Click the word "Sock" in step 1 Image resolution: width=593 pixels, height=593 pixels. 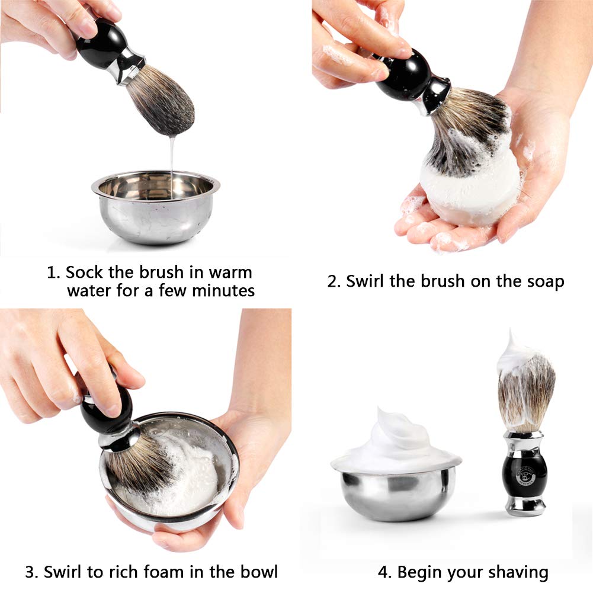coord(84,272)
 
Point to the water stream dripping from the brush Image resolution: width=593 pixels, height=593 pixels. coord(172,166)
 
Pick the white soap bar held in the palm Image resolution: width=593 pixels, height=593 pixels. coord(471,189)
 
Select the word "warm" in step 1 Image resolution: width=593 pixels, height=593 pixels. coord(230,273)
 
